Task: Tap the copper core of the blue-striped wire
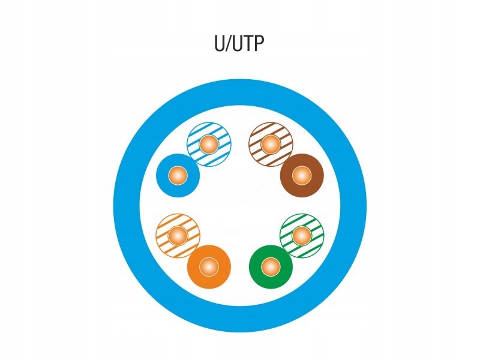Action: tap(208, 144)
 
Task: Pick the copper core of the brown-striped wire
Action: tap(271, 144)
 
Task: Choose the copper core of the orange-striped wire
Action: tap(177, 234)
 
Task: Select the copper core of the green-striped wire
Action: tap(302, 234)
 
